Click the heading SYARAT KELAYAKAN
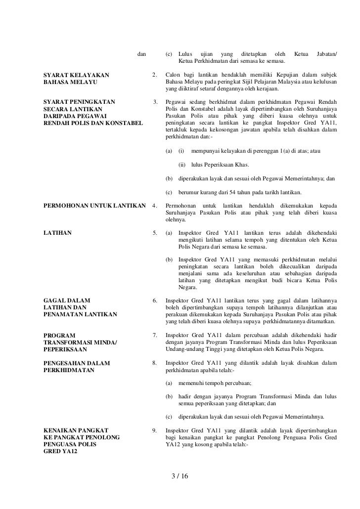pyautogui.click(x=77, y=76)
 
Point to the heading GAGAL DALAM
pyautogui.click(x=63, y=300)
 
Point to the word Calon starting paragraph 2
pyautogui.click(x=173, y=76)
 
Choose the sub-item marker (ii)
pyautogui.click(x=182, y=165)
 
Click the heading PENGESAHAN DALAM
pyautogui.click(x=77, y=363)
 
